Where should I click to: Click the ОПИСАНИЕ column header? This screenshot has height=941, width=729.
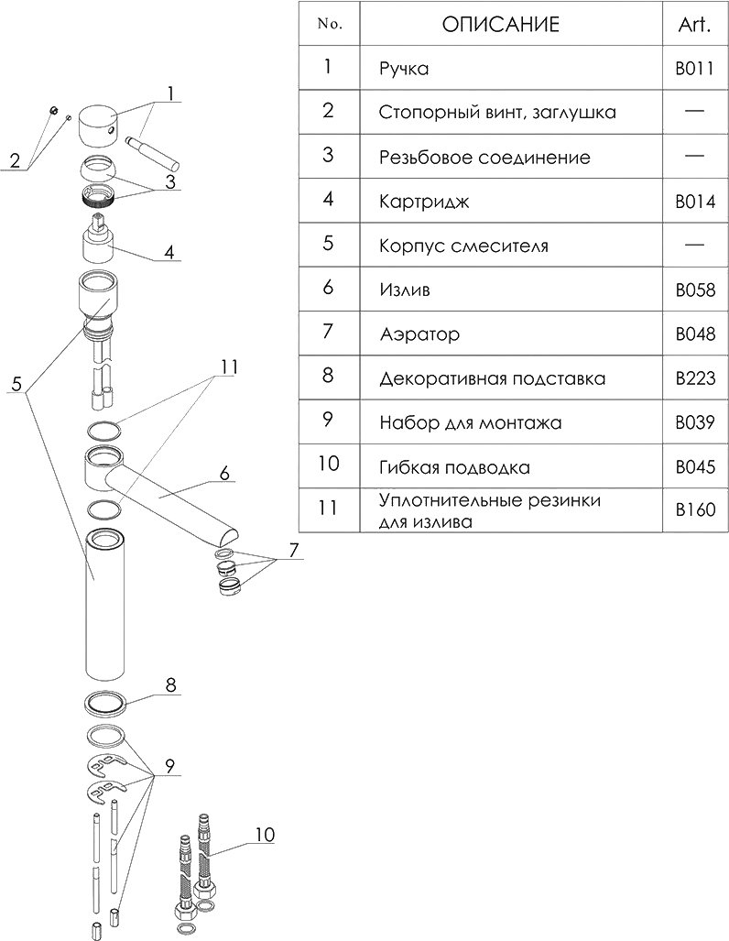(500, 25)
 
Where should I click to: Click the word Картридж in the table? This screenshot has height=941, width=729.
(424, 202)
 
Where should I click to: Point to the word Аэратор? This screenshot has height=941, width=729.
(419, 334)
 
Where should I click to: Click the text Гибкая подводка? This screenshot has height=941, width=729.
(454, 468)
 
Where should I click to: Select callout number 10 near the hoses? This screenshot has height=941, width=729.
(264, 834)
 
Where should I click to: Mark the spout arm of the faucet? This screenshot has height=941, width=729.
(174, 495)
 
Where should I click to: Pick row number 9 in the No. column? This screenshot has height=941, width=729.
(329, 422)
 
